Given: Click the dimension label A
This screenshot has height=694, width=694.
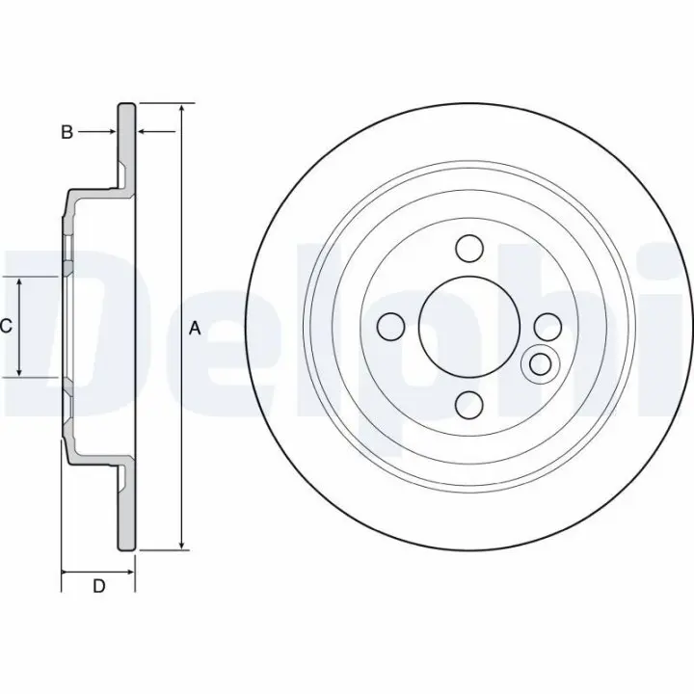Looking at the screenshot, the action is tap(195, 329).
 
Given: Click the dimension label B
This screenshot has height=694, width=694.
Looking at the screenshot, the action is tap(67, 132).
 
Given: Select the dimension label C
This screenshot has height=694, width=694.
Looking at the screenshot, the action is tap(6, 326).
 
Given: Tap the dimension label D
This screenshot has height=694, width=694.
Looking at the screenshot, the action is tap(98, 586).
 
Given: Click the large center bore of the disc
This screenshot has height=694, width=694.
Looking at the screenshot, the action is tap(469, 327).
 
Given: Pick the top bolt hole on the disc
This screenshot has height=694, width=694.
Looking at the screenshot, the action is tap(469, 249).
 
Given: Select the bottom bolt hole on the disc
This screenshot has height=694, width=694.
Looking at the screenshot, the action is tap(469, 405).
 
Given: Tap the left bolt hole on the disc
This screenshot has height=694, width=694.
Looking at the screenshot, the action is tap(390, 327).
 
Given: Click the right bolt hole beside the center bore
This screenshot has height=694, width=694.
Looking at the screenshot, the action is tap(547, 327).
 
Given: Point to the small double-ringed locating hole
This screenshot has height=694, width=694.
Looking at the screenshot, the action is tap(541, 364).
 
